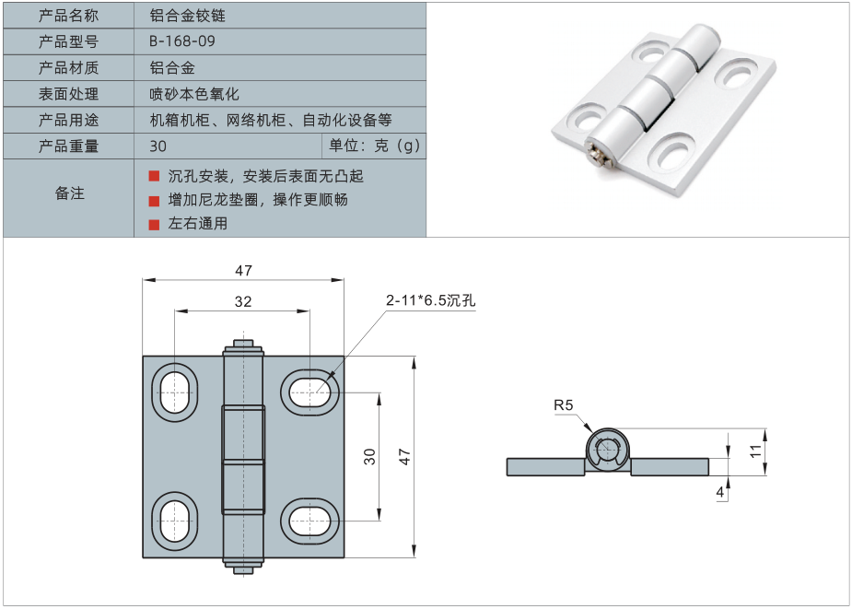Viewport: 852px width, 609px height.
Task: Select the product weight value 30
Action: (x=158, y=146)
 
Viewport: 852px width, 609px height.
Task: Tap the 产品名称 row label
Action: (x=69, y=16)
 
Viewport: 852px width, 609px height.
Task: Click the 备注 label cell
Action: (x=69, y=193)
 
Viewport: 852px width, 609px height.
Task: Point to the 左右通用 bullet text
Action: (x=197, y=223)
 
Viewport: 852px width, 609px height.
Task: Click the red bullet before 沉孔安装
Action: (x=154, y=175)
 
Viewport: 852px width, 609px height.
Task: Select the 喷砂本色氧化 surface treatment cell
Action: (x=193, y=94)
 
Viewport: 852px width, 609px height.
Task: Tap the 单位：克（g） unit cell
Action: (x=374, y=146)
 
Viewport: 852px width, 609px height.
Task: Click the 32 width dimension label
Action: (x=242, y=300)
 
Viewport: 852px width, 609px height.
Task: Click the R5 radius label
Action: (x=563, y=404)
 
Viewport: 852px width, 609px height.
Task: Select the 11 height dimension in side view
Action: (x=755, y=451)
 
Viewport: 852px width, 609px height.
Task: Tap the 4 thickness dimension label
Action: (x=719, y=493)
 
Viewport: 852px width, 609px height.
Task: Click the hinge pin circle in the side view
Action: (x=608, y=450)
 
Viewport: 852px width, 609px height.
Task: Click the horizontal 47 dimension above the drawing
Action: (x=242, y=271)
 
